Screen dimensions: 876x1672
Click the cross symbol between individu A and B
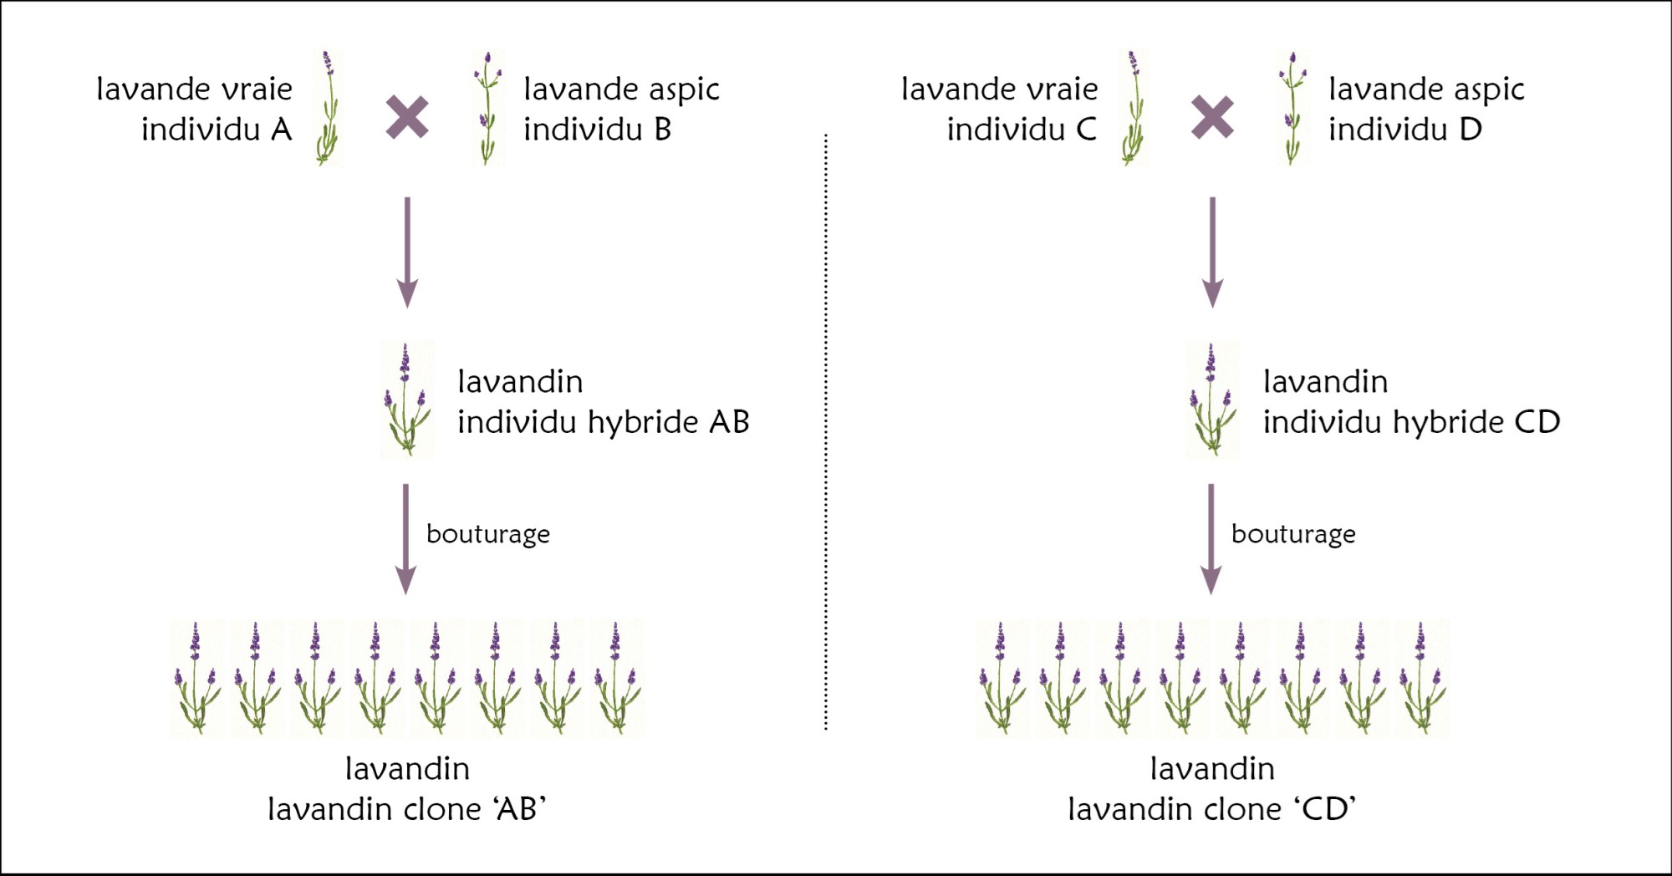pyautogui.click(x=407, y=117)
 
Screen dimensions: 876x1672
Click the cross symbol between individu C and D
pyautogui.click(x=1212, y=117)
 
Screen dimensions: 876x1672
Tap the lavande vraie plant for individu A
pyautogui.click(x=329, y=109)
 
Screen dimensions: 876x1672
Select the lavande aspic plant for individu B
pyautogui.click(x=487, y=109)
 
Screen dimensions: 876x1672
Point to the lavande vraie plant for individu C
pyautogui.click(x=1134, y=109)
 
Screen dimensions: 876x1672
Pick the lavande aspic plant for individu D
pyautogui.click(x=1292, y=109)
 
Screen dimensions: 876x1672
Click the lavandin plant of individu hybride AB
pyautogui.click(x=407, y=400)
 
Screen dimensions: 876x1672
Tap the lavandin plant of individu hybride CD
pyautogui.click(x=1212, y=400)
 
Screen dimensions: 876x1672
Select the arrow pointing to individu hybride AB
pyautogui.click(x=407, y=251)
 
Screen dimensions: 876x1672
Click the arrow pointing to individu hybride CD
pyautogui.click(x=1212, y=251)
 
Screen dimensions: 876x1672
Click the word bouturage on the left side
pyautogui.click(x=488, y=534)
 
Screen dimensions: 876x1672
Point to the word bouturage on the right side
pyautogui.click(x=1293, y=534)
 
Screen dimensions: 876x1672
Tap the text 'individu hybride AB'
pyautogui.click(x=603, y=423)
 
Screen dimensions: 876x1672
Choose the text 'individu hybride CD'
pyautogui.click(x=1411, y=423)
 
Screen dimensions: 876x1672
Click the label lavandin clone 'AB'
pyautogui.click(x=407, y=809)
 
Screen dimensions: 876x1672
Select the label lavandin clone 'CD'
pyautogui.click(x=1212, y=809)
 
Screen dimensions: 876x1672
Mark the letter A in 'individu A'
pyautogui.click(x=281, y=130)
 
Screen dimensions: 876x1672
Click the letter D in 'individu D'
pyautogui.click(x=1471, y=130)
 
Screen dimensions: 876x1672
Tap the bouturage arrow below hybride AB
pyautogui.click(x=406, y=538)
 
